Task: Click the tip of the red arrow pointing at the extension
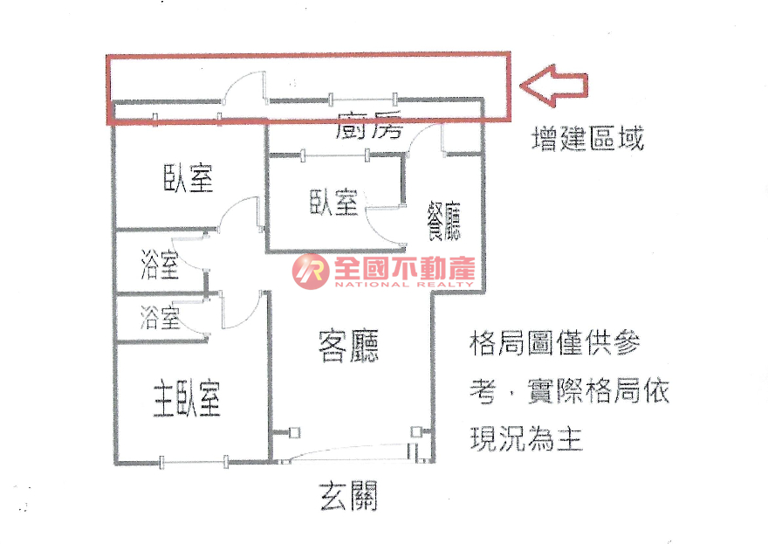coord(519,86)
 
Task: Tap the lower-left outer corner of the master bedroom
coord(115,463)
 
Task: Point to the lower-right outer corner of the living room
coord(434,462)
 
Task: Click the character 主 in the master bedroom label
coord(165,399)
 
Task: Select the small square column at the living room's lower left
coord(294,432)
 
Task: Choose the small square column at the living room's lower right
coord(416,431)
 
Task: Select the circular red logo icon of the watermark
coord(311,271)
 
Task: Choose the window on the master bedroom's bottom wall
coord(193,461)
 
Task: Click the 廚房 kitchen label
coord(369,125)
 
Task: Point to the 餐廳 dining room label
coord(444,221)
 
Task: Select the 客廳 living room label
coord(348,347)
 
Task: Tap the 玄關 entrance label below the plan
coord(349,496)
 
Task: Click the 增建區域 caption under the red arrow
coord(587,138)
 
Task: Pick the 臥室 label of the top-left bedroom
coord(189,177)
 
